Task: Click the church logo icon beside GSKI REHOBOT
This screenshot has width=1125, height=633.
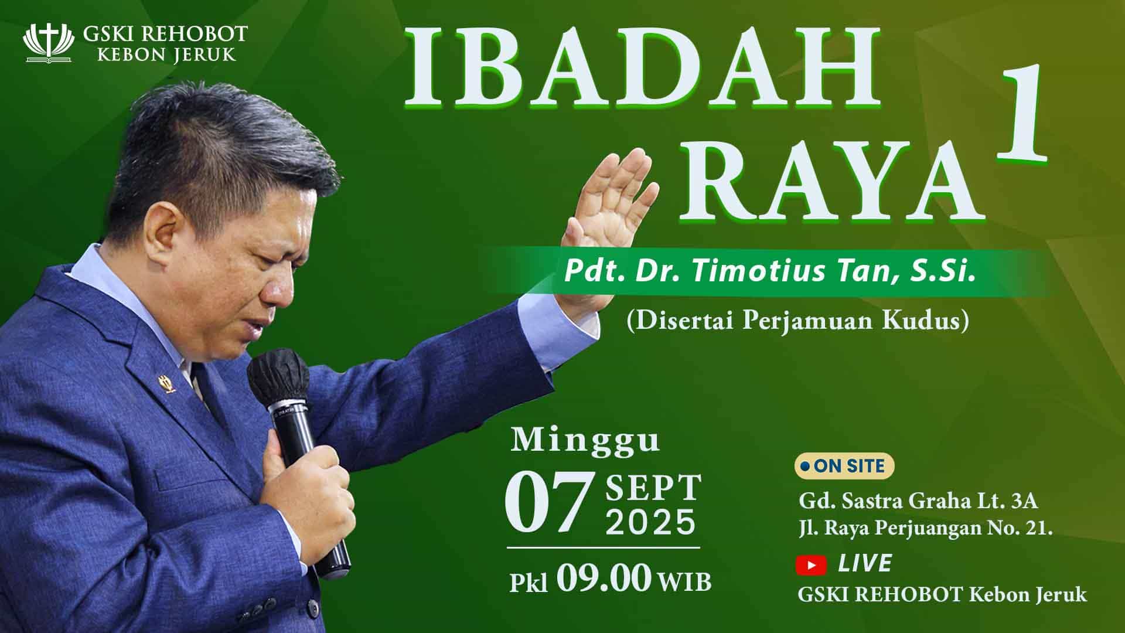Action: click(x=48, y=43)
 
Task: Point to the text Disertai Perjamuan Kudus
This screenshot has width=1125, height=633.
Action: click(x=797, y=322)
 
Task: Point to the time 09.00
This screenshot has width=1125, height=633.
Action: click(x=604, y=579)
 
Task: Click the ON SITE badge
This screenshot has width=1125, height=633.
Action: click(x=844, y=466)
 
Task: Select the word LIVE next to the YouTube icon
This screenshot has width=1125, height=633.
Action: click(x=865, y=564)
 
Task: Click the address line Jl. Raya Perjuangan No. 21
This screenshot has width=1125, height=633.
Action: click(x=926, y=529)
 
